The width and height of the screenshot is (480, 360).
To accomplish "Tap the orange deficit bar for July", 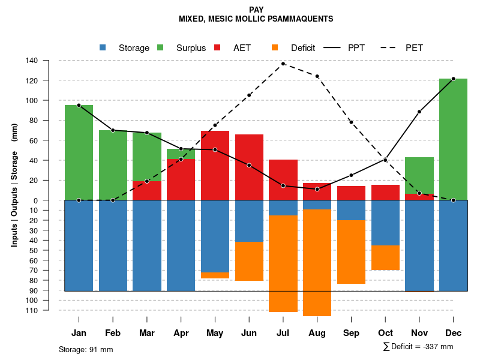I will click(x=283, y=263).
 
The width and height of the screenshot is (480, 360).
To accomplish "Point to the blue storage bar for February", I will click(x=113, y=245).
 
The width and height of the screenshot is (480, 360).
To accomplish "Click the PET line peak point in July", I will click(x=283, y=64).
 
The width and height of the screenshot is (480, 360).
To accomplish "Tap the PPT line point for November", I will click(x=419, y=112).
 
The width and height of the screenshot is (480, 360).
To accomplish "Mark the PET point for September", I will click(x=351, y=122).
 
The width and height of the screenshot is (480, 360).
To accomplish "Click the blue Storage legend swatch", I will click(x=103, y=47).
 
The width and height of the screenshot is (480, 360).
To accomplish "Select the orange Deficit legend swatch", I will click(x=275, y=47).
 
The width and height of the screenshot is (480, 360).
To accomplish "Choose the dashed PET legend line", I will click(x=391, y=47).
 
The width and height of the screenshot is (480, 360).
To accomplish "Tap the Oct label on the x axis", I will click(x=385, y=333).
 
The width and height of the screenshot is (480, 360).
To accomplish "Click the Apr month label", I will click(x=181, y=333).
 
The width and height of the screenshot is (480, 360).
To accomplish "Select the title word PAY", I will click(x=256, y=10).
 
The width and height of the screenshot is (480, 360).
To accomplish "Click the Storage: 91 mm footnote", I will click(x=86, y=349).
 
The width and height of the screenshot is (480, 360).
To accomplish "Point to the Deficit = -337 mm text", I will click(x=418, y=347).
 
